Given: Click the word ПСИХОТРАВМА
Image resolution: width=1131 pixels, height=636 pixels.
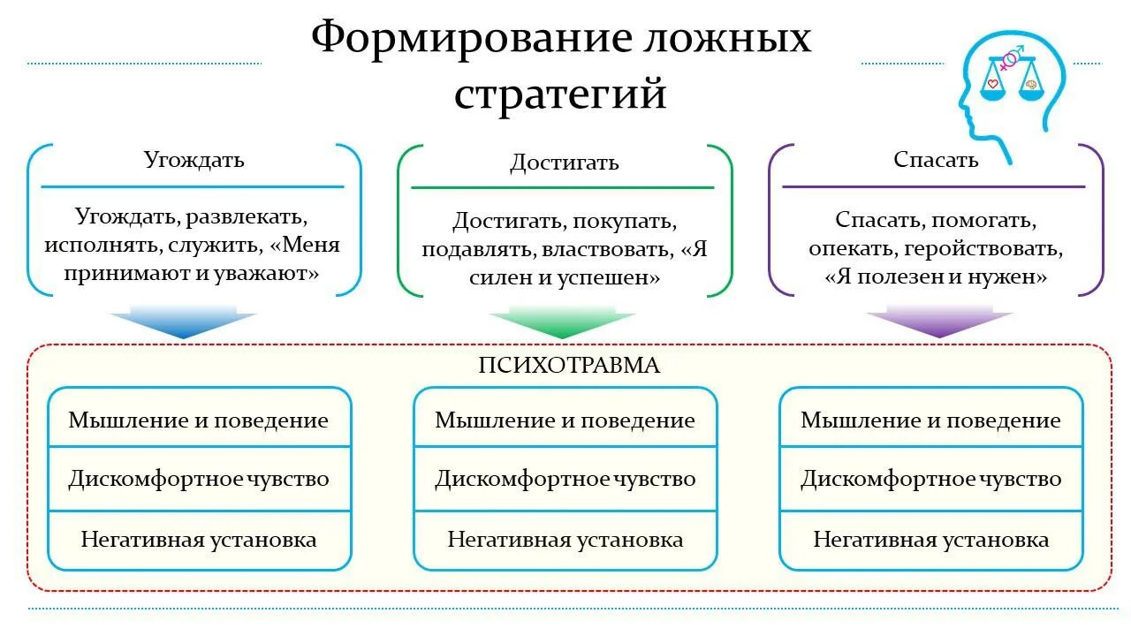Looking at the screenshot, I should tap(569, 366).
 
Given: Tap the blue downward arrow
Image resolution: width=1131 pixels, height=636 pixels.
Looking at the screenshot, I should tap(184, 322).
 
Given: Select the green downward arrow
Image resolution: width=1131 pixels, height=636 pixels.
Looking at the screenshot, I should tap(562, 323).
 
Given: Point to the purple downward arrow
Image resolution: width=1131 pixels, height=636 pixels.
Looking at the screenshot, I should tap(939, 323).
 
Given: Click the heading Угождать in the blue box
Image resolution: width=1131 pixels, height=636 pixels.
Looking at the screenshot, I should tap(194, 160).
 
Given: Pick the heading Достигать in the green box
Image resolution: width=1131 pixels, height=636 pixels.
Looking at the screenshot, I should tap(564, 163).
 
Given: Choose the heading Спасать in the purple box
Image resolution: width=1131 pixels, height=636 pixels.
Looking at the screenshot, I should tap(936, 160).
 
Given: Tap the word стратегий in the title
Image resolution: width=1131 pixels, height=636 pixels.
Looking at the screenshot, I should tap(560, 93).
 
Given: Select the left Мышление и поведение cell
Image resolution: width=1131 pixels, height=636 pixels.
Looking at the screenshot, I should tap(199, 420).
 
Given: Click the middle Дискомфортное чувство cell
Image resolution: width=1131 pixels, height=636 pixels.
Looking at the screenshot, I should tap(565, 480).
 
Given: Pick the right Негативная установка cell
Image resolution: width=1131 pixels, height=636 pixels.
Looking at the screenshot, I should tap(931, 539).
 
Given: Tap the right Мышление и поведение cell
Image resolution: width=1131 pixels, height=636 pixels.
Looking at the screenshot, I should tap(931, 420).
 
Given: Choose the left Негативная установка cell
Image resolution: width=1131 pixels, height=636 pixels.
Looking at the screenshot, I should tap(199, 539).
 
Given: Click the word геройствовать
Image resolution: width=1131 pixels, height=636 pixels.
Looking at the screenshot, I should tap(979, 248).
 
